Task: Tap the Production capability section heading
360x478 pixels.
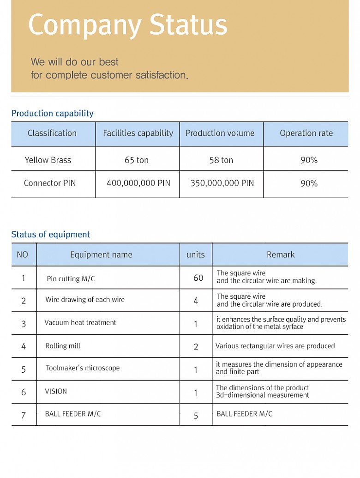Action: click(x=52, y=113)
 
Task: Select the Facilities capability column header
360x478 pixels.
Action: click(x=138, y=133)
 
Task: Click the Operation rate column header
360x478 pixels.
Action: click(x=306, y=133)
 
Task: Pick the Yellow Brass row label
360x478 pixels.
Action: click(x=48, y=160)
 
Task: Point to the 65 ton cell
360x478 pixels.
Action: click(x=137, y=160)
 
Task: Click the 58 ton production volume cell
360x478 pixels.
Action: click(x=221, y=160)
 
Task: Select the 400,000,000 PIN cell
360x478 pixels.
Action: click(x=138, y=183)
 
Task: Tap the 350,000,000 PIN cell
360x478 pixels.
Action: click(x=222, y=183)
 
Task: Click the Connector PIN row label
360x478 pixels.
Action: click(x=50, y=183)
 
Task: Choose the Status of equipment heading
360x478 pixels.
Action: click(x=51, y=234)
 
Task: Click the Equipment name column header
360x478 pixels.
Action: click(x=101, y=254)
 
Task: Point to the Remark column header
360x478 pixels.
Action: click(x=281, y=254)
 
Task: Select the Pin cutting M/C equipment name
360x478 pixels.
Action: click(x=71, y=279)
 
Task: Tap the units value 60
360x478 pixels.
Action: click(x=198, y=278)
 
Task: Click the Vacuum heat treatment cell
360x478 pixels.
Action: click(x=80, y=322)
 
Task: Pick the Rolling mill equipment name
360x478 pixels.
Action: click(x=63, y=346)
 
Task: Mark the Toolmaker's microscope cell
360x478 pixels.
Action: click(x=83, y=368)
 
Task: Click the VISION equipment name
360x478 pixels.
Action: click(x=56, y=391)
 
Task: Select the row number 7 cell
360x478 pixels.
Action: click(x=24, y=415)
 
